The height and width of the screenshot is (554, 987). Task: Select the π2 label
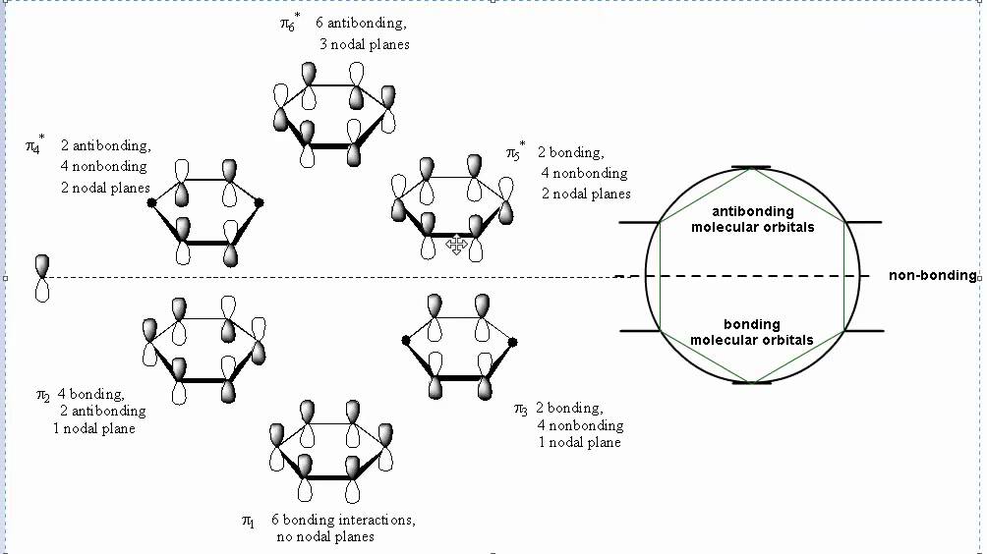pyautogui.click(x=43, y=396)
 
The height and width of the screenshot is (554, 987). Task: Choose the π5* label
pyautogui.click(x=515, y=153)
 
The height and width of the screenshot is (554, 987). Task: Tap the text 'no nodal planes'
pyautogui.click(x=324, y=537)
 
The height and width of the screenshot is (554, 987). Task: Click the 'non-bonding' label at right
pyautogui.click(x=932, y=276)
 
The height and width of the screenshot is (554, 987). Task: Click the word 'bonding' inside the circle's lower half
pyautogui.click(x=751, y=324)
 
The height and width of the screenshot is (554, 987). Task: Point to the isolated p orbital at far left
pyautogui.click(x=41, y=278)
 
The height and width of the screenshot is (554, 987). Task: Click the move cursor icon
pyautogui.click(x=456, y=244)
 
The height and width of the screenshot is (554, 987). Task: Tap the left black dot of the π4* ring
pyautogui.click(x=151, y=203)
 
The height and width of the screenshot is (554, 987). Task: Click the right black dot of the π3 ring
pyautogui.click(x=513, y=342)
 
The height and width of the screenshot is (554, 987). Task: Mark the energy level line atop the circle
pyautogui.click(x=751, y=169)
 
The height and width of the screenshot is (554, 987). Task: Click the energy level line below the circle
pyautogui.click(x=751, y=382)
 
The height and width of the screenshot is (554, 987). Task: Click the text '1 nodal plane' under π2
pyautogui.click(x=94, y=429)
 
